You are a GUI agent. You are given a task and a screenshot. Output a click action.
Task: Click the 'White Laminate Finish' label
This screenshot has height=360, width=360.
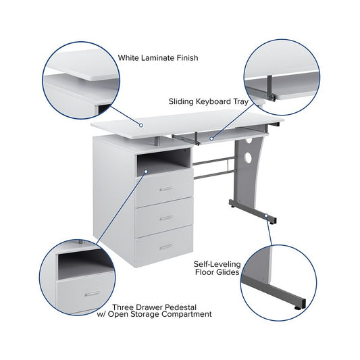click(x=158, y=57)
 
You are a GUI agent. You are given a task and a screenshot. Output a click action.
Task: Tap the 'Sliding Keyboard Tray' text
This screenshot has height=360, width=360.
click(x=209, y=101)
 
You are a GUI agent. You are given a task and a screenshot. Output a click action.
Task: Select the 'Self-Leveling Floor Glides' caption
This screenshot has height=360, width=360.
click(x=217, y=268)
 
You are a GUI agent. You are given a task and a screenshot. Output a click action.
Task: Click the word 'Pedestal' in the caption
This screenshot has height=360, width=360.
click(x=180, y=307)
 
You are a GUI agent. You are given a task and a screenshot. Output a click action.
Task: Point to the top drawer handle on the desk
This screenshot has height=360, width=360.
click(x=166, y=188)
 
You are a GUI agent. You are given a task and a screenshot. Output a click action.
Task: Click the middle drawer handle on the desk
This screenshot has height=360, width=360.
click(x=166, y=218)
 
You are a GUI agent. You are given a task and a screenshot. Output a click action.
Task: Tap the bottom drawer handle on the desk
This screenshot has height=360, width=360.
click(x=166, y=247)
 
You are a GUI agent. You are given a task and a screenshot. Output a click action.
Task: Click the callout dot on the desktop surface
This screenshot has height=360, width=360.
click(x=141, y=125)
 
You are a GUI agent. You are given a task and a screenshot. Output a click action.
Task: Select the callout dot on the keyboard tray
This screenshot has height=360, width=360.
click(x=211, y=138)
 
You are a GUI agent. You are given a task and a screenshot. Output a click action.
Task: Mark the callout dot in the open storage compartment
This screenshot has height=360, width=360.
click(x=146, y=172)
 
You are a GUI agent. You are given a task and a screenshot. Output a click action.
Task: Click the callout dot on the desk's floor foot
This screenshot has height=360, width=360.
click(x=266, y=215)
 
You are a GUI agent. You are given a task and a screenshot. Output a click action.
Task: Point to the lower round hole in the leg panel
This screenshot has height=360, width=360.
click(x=248, y=157)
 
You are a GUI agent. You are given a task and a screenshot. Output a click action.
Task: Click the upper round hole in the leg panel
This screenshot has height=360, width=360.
click(x=249, y=140)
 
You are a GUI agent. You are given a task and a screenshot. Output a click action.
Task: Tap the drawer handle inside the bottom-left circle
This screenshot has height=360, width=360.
click(x=93, y=294)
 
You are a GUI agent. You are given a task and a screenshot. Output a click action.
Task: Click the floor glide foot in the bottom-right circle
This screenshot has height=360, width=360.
click(x=298, y=307)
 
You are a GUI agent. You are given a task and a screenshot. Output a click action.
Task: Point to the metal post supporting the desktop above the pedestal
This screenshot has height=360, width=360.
click(x=157, y=141)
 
